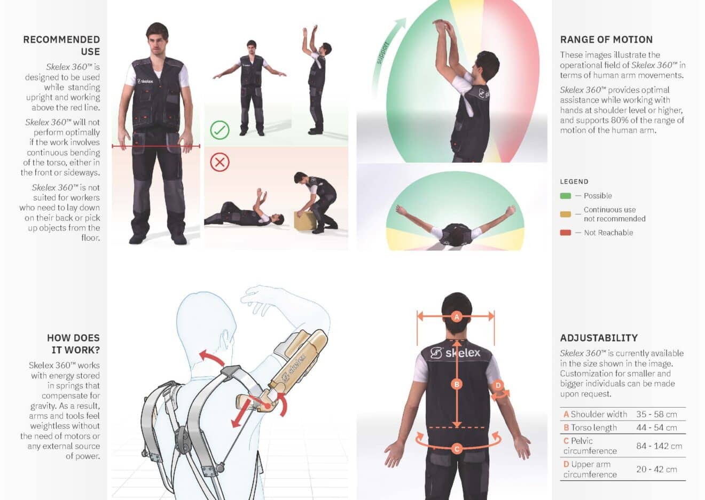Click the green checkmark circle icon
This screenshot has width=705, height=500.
click(220, 130)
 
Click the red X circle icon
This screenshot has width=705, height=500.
click(220, 162)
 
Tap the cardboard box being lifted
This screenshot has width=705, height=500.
click(303, 220)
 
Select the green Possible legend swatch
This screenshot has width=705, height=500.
click(565, 196)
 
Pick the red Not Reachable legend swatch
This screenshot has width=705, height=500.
click(565, 233)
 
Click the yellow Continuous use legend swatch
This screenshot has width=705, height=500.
click(565, 214)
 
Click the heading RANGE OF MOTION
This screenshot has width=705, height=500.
click(606, 39)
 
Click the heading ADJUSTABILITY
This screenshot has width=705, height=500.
click(599, 338)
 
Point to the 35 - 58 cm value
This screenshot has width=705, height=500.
click(656, 414)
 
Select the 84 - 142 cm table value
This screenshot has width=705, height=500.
click(659, 446)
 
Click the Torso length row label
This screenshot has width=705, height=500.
click(593, 427)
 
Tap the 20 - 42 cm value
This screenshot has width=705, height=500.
click(656, 469)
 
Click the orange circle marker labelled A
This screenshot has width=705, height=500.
click(456, 316)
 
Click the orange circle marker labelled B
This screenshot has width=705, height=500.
click(456, 384)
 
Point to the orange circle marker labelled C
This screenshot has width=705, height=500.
click(457, 449)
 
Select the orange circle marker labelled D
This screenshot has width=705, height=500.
click(498, 385)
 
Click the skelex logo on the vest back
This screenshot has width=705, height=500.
click(456, 353)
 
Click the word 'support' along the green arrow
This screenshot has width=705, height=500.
click(382, 53)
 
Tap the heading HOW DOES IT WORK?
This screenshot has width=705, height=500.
click(73, 344)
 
